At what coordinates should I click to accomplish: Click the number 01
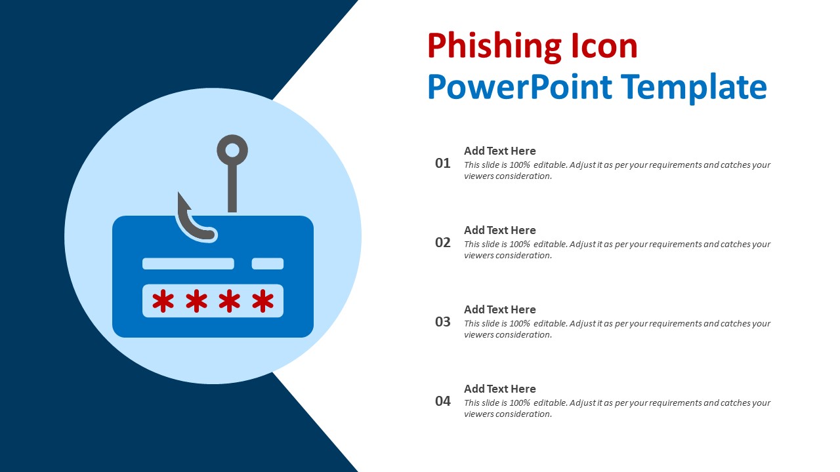pyautogui.click(x=443, y=163)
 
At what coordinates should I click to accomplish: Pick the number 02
pyautogui.click(x=443, y=243)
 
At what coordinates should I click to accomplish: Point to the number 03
pyautogui.click(x=443, y=322)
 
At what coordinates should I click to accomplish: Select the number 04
pyautogui.click(x=443, y=401)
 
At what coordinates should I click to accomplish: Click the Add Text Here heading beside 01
pyautogui.click(x=499, y=151)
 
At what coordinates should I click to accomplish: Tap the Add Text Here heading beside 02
pyautogui.click(x=499, y=230)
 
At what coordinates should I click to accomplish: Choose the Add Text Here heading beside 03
pyautogui.click(x=499, y=309)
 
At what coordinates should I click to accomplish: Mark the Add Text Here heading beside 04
pyautogui.click(x=499, y=389)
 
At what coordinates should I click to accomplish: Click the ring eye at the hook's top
pyautogui.click(x=232, y=150)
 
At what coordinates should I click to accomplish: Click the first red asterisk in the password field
pyautogui.click(x=163, y=302)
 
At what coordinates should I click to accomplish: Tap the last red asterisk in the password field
pyautogui.click(x=262, y=302)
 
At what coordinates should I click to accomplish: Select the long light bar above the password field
pyautogui.click(x=188, y=264)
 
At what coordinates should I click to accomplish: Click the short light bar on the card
pyautogui.click(x=268, y=264)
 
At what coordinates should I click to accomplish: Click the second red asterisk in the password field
pyautogui.click(x=196, y=302)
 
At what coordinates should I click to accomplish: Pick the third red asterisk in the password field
pyautogui.click(x=229, y=302)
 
